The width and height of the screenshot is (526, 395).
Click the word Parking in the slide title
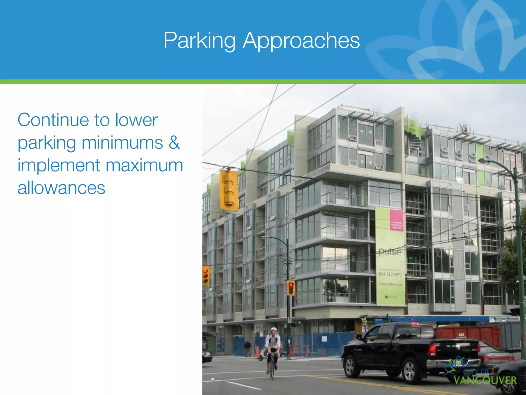[x=200, y=40]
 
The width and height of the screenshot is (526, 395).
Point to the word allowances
[x=61, y=188]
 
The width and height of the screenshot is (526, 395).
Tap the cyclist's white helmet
[x=274, y=329]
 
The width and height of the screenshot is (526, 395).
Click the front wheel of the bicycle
[x=272, y=370]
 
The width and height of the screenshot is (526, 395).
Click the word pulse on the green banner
[x=390, y=251]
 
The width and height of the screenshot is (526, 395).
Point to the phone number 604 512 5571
[x=390, y=274]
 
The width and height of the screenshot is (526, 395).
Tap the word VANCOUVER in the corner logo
[x=485, y=380]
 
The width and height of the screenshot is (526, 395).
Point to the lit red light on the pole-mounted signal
[x=291, y=285]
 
